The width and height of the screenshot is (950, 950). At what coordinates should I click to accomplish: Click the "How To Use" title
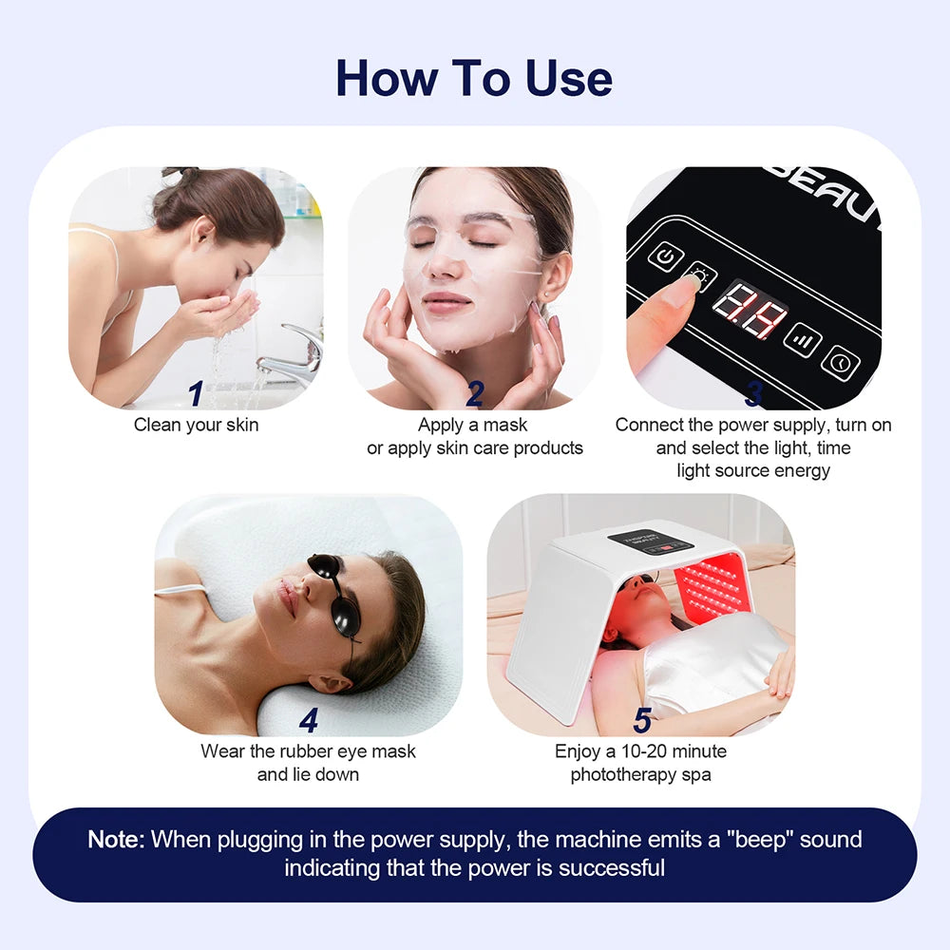click(x=474, y=77)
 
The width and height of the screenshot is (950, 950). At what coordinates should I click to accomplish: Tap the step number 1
click(x=196, y=392)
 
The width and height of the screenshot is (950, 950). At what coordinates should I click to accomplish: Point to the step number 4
click(x=308, y=721)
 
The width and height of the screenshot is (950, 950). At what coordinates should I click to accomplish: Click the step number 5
click(x=642, y=721)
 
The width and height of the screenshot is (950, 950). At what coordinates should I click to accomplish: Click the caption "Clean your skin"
click(x=196, y=425)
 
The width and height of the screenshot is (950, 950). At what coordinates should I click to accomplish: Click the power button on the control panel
click(x=666, y=256)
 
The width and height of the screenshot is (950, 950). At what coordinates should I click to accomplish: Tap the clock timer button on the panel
click(x=840, y=363)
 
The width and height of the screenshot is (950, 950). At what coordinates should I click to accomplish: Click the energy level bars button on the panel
click(x=802, y=339)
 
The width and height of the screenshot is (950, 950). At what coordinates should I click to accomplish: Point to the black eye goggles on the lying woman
click(x=334, y=594)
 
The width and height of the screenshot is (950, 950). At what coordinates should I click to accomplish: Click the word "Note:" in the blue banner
click(x=117, y=840)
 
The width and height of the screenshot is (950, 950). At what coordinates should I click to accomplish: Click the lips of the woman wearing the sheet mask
click(x=447, y=303)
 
